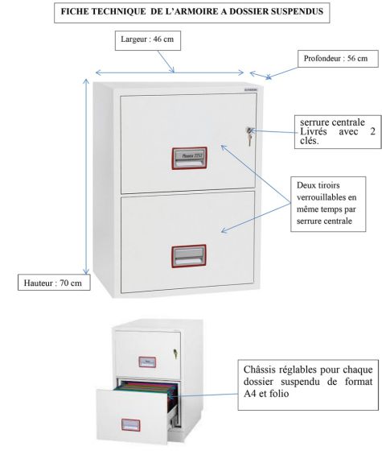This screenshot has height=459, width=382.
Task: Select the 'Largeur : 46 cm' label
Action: (148, 40)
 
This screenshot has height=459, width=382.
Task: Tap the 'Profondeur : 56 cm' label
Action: (338, 59)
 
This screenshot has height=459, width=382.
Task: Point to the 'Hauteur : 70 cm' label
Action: (54, 282)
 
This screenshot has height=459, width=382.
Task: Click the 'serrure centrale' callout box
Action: (338, 132)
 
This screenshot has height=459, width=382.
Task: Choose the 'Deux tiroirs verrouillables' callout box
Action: (328, 204)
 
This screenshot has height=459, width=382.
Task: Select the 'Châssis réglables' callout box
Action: (308, 385)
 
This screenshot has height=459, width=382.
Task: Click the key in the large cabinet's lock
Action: (249, 135)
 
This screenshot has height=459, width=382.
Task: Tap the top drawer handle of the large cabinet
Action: (190, 159)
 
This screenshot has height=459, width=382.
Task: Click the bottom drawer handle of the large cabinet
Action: (189, 256)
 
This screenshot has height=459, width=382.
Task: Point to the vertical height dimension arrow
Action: (86, 176)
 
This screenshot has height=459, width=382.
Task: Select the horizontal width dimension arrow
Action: (170, 72)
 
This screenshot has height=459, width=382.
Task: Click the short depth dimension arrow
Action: (259, 75)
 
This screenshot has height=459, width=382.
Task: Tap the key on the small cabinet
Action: (175, 354)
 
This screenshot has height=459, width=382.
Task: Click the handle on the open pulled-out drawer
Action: (130, 425)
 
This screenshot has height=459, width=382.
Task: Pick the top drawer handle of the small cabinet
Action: (147, 362)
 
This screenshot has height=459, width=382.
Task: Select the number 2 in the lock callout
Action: (372, 131)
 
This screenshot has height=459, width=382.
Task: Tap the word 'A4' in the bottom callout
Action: (250, 394)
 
